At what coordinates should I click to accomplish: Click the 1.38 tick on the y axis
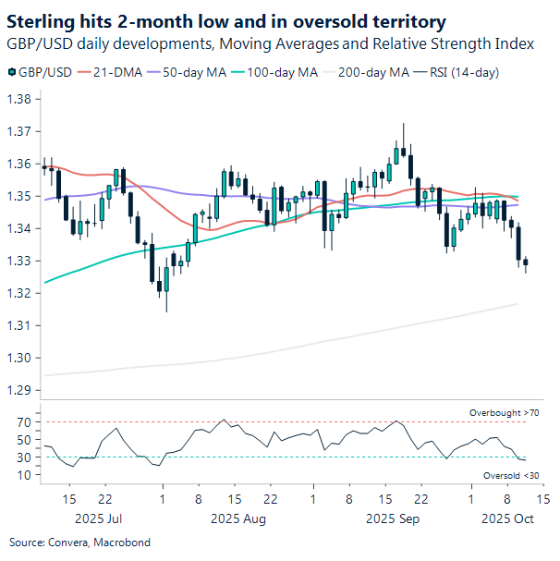19,99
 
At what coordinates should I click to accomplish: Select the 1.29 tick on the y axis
19,390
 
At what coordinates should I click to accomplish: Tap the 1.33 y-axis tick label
19,261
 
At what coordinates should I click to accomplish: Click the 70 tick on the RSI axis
23,422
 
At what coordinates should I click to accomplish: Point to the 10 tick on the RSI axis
23,475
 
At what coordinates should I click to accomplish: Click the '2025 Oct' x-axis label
507,519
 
